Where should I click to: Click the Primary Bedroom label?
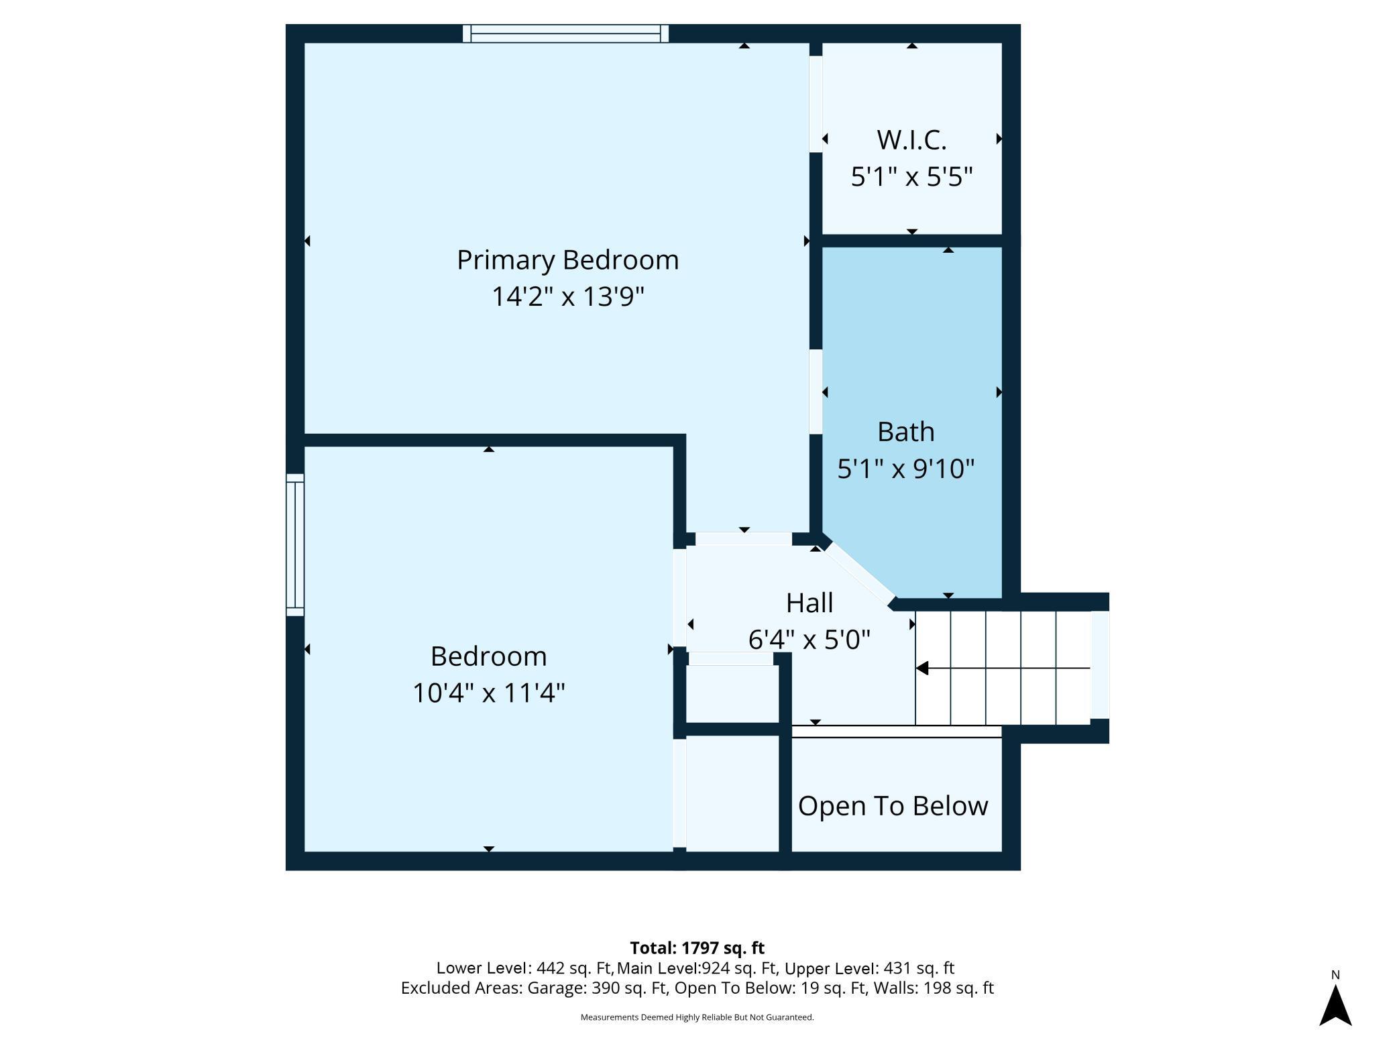pyautogui.click(x=567, y=260)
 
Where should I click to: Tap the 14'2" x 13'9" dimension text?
pyautogui.click(x=567, y=296)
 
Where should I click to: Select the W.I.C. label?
pyautogui.click(x=911, y=140)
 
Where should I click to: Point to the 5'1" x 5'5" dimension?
pyautogui.click(x=911, y=176)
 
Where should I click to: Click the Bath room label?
pyautogui.click(x=905, y=432)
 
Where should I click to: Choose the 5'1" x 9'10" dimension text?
pyautogui.click(x=905, y=468)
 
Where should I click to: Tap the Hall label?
pyautogui.click(x=810, y=603)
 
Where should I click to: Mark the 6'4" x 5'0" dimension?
pyautogui.click(x=810, y=639)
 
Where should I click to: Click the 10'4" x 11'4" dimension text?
pyautogui.click(x=488, y=693)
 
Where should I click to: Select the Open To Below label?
pyautogui.click(x=893, y=806)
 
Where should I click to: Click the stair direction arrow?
pyautogui.click(x=1003, y=668)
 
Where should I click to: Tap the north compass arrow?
pyautogui.click(x=1335, y=1004)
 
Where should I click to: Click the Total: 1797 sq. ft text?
pyautogui.click(x=697, y=947)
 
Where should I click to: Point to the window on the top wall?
pyautogui.click(x=565, y=34)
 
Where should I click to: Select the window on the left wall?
pyautogui.click(x=295, y=544)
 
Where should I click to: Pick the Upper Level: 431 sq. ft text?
pyautogui.click(x=869, y=968)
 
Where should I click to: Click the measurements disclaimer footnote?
pyautogui.click(x=697, y=1017)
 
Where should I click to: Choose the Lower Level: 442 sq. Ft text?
pyautogui.click(x=524, y=968)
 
